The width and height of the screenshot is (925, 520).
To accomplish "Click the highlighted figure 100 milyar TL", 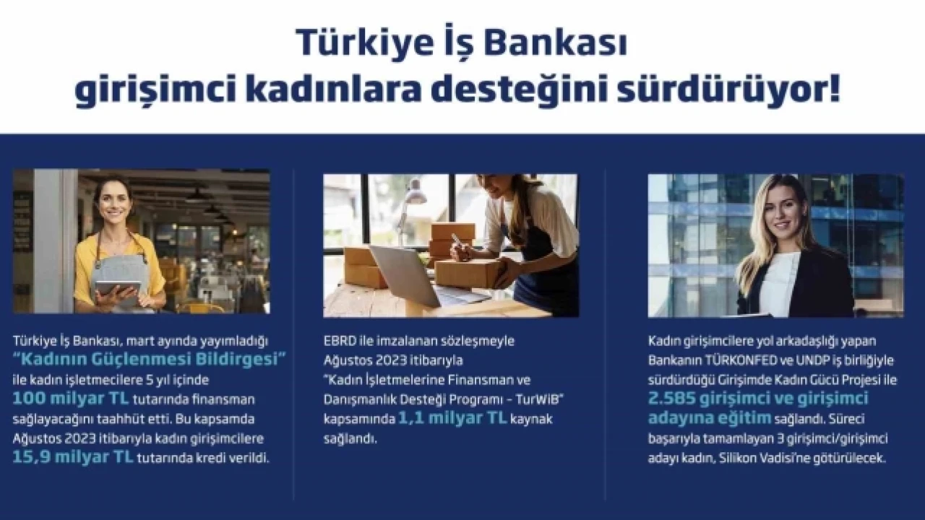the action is (71, 399).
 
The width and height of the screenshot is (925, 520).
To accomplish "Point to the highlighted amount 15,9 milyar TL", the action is (73, 457).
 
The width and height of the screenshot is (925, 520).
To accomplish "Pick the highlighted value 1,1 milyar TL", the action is (452, 418).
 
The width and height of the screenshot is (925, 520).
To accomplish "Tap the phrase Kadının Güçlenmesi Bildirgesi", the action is (150, 360).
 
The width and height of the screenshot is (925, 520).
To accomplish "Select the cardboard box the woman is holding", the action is (470, 273).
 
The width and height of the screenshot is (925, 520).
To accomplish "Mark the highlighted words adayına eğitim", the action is (710, 418).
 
